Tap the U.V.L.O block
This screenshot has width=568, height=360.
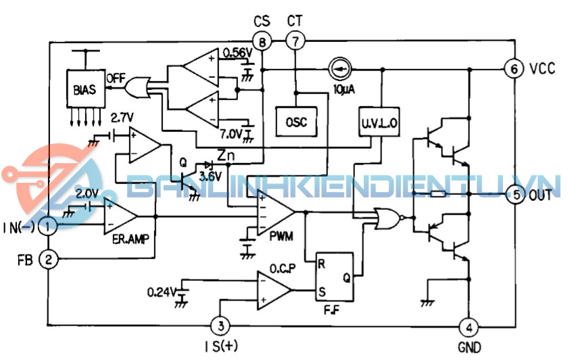pos(379,122)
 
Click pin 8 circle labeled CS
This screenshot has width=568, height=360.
pos(262,43)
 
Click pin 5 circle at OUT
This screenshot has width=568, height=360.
pos(515,195)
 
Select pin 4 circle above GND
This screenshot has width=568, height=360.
pos(468,328)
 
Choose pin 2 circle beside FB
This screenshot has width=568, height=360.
pos(47,258)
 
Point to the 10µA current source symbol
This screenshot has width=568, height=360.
pos(338,69)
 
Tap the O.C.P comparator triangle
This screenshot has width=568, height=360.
pos(275,288)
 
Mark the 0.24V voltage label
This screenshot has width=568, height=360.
pos(161,292)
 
